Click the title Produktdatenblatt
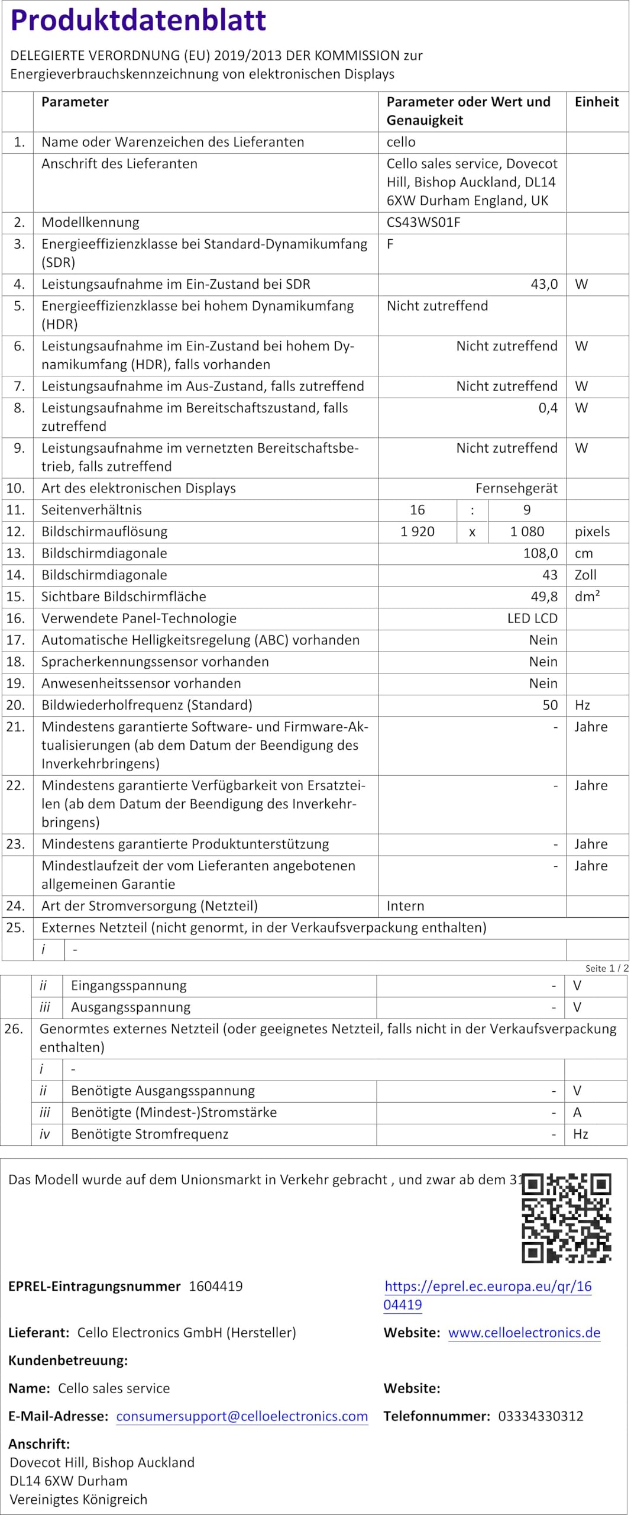coord(138,20)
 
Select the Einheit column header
coord(596,102)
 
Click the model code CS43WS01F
coord(423,223)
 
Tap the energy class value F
coord(390,244)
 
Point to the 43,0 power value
coord(544,284)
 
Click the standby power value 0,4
coord(548,408)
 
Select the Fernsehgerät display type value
coord(516,488)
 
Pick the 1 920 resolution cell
coord(417,531)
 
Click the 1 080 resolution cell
coord(527,531)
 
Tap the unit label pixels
coord(592,531)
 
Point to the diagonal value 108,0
coord(541,553)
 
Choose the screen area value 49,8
coord(544,597)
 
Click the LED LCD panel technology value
coord(532,618)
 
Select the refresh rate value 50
coord(550,705)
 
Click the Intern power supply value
coord(405,905)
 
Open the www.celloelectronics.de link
coord(524,1332)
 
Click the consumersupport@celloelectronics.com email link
coord(242,1416)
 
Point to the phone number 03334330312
coord(541,1416)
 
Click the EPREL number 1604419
coord(216,1286)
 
